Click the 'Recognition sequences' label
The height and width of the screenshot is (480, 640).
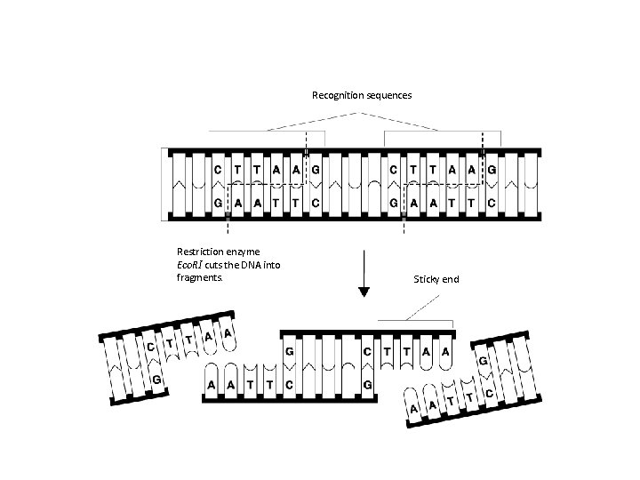pos(361,95)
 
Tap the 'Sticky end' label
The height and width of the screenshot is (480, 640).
pos(436,279)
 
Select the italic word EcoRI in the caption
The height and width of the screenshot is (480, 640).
pos(190,265)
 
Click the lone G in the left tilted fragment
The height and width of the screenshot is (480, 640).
pos(156,380)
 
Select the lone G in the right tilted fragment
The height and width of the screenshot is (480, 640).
pos(482,362)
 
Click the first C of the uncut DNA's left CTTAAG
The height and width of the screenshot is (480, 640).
pos(219,169)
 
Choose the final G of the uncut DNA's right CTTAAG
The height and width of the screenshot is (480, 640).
pos(492,169)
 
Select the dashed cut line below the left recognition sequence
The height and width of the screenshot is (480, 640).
pos(228,227)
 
